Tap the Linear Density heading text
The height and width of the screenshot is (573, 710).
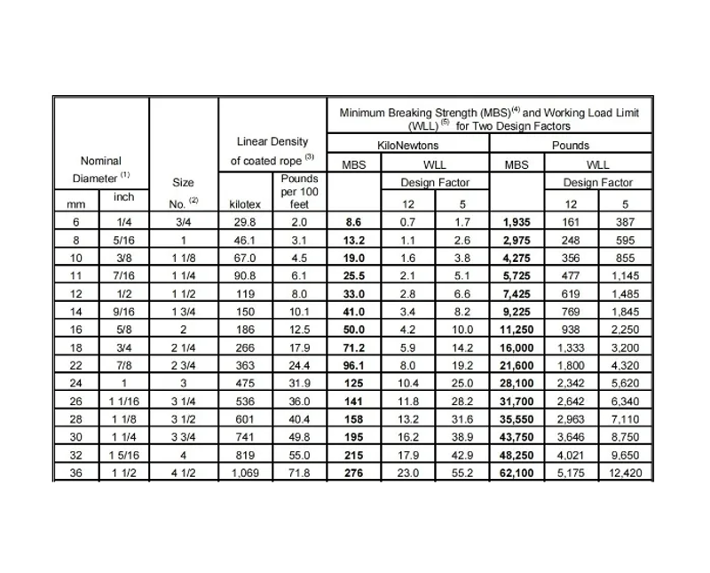[272, 141]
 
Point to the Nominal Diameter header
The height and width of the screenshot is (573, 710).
[100, 169]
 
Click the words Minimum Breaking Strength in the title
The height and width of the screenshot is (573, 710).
[408, 113]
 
